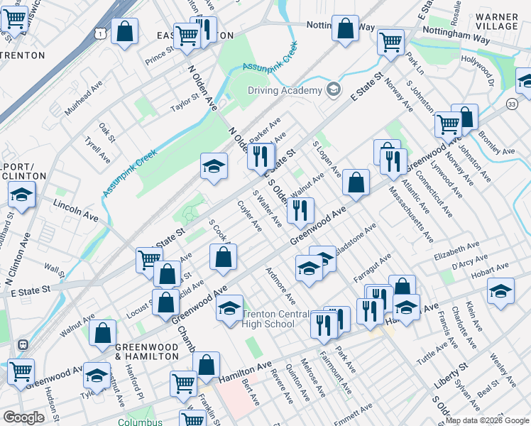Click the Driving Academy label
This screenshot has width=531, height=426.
[285, 90]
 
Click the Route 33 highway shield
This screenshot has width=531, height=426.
[512, 104]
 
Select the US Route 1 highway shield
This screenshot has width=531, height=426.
[104, 33]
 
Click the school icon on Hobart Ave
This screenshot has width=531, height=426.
[500, 291]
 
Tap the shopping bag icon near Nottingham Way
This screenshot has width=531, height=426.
[345, 29]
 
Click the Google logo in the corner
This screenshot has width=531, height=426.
[23, 417]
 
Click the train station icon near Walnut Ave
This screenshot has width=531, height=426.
[23, 344]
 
